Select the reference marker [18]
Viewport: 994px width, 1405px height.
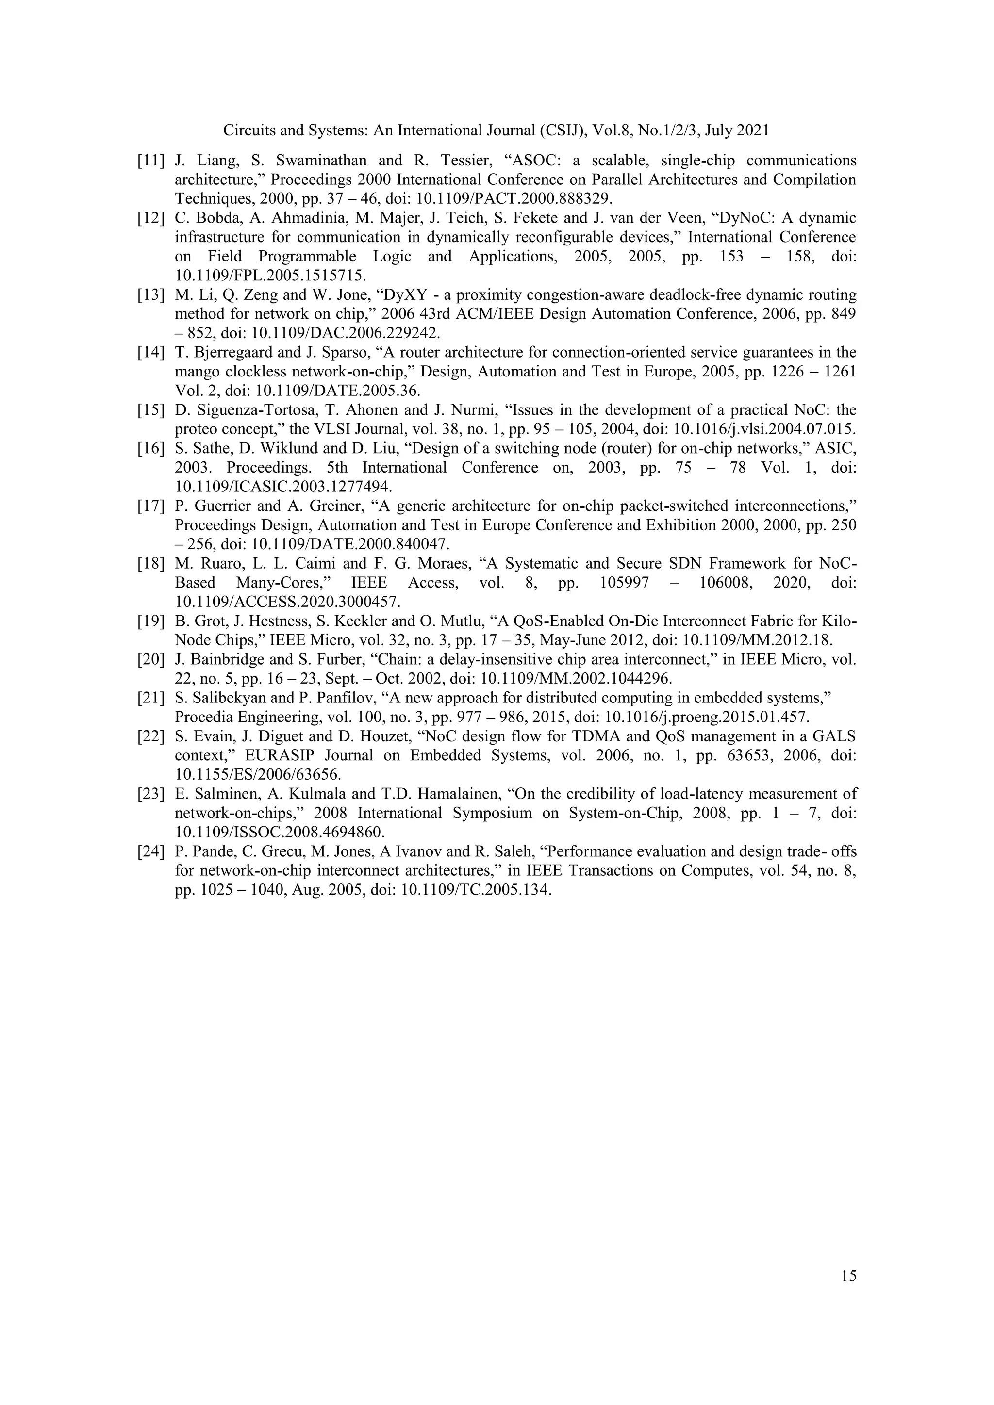click(150, 564)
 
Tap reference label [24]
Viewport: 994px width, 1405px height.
click(150, 851)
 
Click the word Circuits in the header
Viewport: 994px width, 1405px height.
click(245, 131)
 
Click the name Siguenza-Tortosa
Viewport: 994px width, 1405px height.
click(246, 410)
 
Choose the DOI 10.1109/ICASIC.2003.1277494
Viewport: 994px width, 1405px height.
click(283, 487)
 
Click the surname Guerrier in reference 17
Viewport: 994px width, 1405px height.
click(223, 506)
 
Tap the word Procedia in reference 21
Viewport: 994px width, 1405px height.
click(202, 717)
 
